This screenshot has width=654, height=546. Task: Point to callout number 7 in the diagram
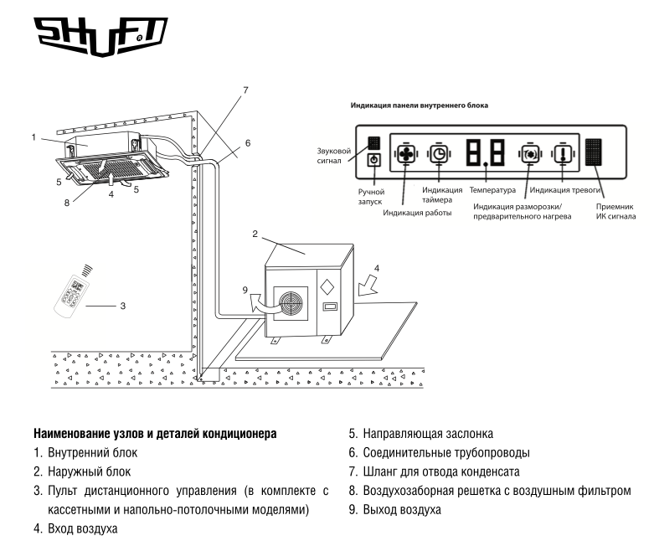245,90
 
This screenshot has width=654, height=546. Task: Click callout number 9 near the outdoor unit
245,291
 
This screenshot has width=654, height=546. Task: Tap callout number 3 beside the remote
122,306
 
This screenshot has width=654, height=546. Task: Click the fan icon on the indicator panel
406,155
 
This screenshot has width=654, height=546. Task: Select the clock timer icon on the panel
439,154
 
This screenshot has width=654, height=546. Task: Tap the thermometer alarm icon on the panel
562,155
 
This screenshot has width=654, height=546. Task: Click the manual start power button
375,160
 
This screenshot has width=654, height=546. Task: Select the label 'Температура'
492,192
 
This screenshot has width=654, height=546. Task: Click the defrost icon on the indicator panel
530,155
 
